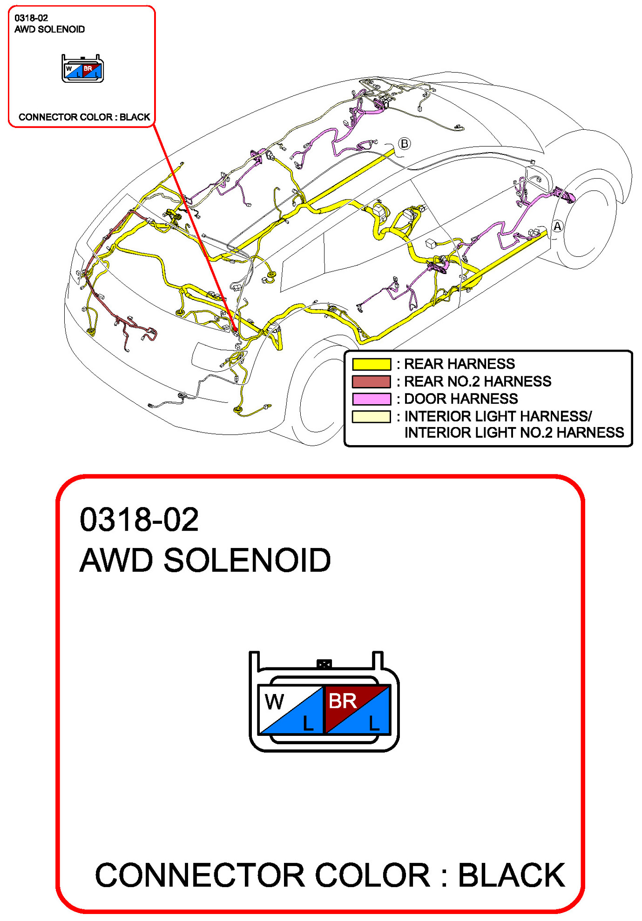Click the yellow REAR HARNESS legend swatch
(x=371, y=364)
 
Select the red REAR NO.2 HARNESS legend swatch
(x=371, y=381)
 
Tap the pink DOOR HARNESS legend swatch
(x=371, y=399)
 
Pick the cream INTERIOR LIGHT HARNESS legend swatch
(x=371, y=416)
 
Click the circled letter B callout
(x=404, y=143)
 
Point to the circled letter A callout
(x=557, y=227)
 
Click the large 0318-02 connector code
(x=139, y=520)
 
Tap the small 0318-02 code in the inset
(x=31, y=18)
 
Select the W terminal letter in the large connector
(x=274, y=701)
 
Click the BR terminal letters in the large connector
(x=342, y=701)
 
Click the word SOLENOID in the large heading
(x=247, y=560)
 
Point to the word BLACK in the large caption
(x=511, y=875)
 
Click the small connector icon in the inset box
(x=83, y=69)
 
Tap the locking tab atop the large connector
(x=324, y=664)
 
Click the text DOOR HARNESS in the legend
(x=460, y=399)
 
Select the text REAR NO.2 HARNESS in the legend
(x=477, y=381)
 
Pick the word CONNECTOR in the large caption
(x=200, y=875)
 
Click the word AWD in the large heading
(x=116, y=560)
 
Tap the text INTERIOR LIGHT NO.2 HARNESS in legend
(x=514, y=433)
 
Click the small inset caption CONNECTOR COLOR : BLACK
(x=84, y=117)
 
